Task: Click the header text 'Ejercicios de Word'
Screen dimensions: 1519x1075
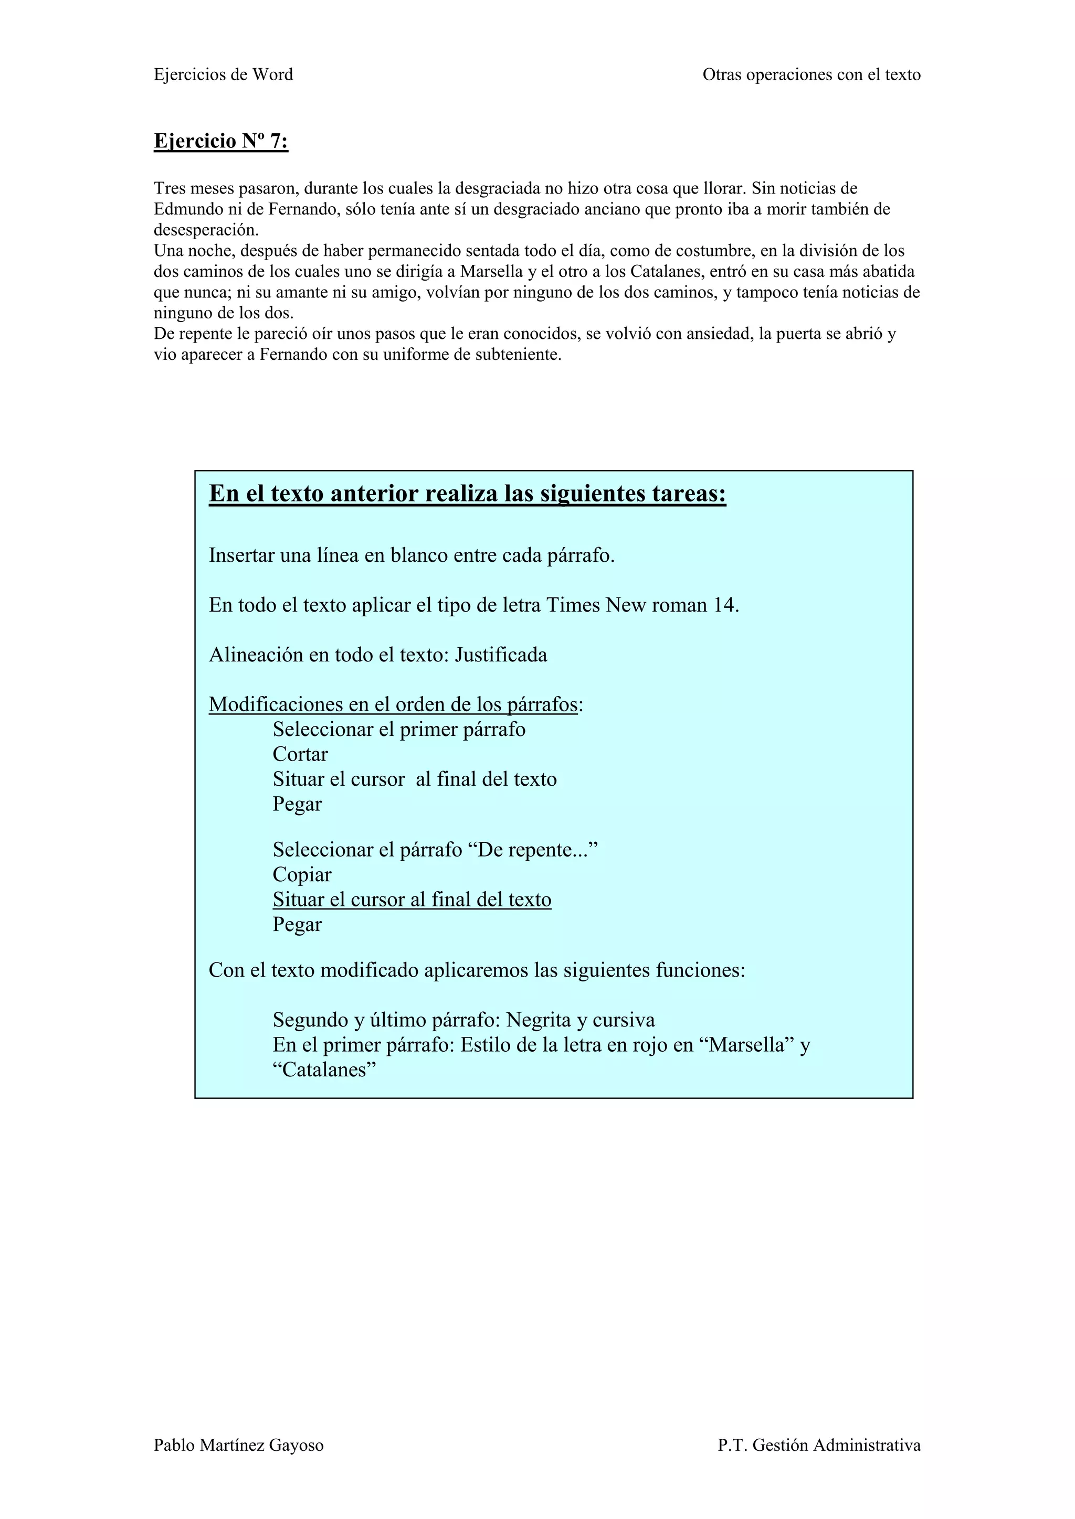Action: point(223,75)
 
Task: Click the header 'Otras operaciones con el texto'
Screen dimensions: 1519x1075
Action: point(811,75)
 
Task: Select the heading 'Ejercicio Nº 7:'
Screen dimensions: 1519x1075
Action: point(220,141)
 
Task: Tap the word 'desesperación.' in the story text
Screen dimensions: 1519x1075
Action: point(206,230)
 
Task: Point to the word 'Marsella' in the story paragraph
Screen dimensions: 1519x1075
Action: point(492,271)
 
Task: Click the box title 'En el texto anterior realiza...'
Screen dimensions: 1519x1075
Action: point(467,494)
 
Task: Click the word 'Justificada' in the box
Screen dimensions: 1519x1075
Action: point(501,655)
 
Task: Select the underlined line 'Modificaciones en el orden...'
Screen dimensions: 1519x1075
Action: point(393,704)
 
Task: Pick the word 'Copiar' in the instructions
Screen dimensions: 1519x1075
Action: point(302,874)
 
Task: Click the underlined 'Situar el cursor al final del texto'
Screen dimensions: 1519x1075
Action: point(412,900)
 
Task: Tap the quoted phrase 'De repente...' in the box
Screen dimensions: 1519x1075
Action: point(536,850)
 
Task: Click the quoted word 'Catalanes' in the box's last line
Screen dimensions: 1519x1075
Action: point(325,1070)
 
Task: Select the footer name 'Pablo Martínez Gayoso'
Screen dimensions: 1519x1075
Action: point(238,1445)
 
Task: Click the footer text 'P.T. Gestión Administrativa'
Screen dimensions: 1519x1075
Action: point(819,1445)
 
